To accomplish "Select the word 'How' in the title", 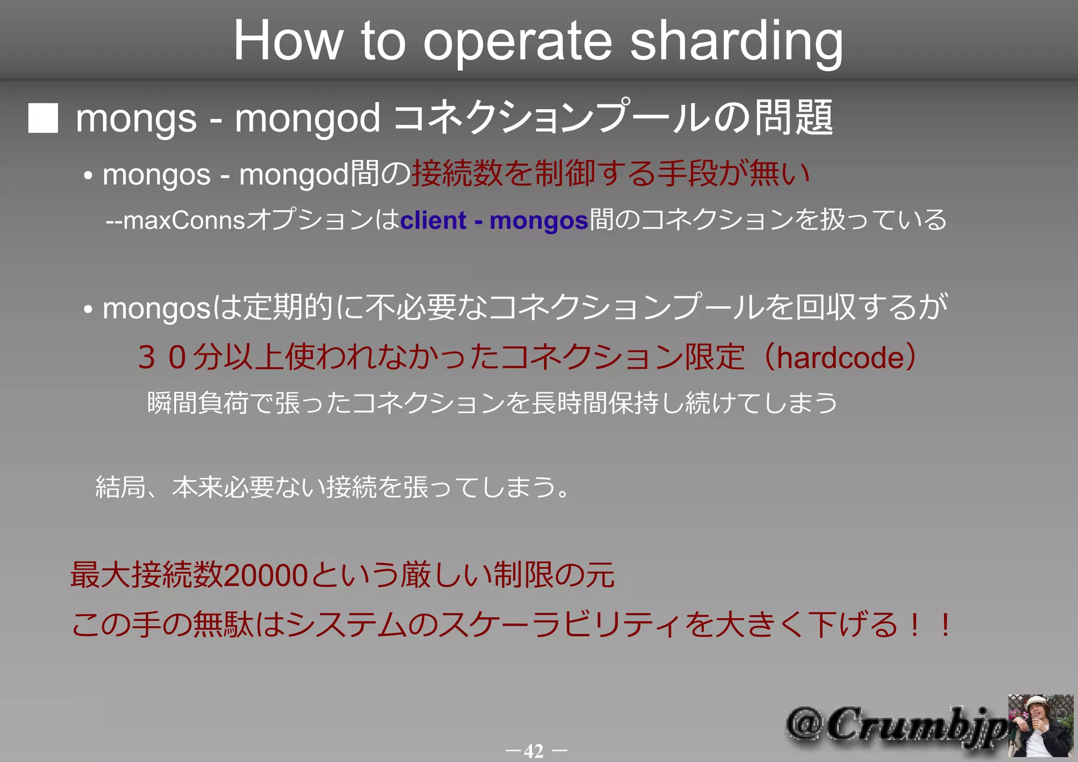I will (x=288, y=41).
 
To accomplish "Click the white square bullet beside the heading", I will (x=43, y=118).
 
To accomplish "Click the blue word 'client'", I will (x=433, y=220).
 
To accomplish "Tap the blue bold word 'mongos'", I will (x=538, y=221).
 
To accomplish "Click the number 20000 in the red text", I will (x=265, y=575).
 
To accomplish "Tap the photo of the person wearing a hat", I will (x=1040, y=725).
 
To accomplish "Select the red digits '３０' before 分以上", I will (x=163, y=358).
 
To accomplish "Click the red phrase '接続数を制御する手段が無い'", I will (x=611, y=174).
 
